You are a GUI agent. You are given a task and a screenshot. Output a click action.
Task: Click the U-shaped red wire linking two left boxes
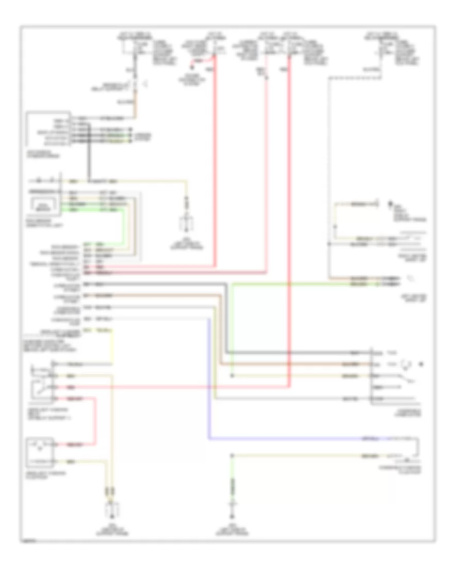(x=95, y=421)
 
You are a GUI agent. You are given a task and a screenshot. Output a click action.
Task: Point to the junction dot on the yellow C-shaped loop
(x=335, y=227)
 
